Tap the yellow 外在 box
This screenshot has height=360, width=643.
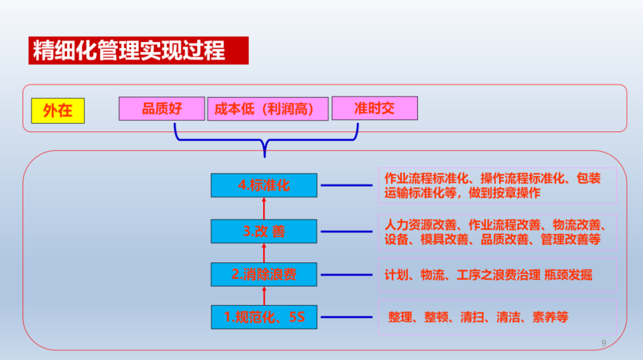click(58, 111)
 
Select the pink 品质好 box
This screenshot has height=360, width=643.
click(161, 109)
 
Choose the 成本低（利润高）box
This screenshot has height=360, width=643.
click(268, 109)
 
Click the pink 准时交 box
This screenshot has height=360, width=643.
click(375, 108)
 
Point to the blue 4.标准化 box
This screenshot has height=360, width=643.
click(264, 185)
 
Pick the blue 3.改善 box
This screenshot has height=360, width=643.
click(264, 231)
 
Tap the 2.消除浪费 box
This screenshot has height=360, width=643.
click(264, 274)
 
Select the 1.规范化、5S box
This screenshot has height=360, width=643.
click(264, 317)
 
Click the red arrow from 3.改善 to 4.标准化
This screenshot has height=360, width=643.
click(264, 208)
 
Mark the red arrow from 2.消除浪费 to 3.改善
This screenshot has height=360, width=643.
click(264, 253)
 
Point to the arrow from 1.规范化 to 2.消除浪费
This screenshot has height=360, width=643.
click(264, 296)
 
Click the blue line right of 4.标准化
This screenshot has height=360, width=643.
click(347, 185)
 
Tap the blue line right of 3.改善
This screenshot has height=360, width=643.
click(347, 231)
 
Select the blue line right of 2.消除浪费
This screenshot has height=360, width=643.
click(347, 275)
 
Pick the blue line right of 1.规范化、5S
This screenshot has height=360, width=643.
click(347, 317)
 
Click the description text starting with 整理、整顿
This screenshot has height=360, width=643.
click(478, 317)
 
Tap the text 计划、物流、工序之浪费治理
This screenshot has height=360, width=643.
click(463, 275)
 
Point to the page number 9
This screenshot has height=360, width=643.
click(604, 343)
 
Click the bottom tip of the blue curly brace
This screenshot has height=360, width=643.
click(265, 157)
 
